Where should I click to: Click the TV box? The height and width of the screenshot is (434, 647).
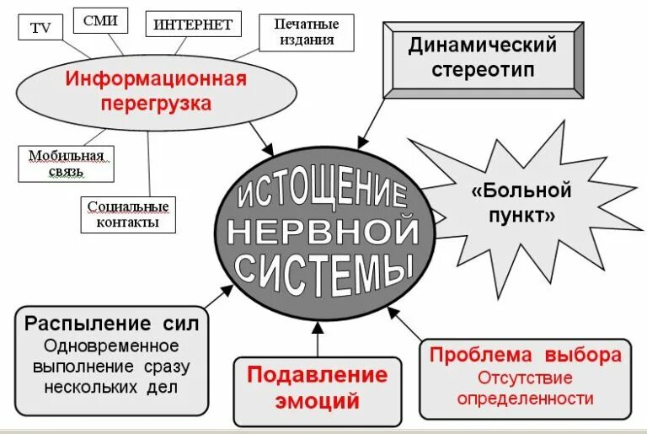click(40, 27)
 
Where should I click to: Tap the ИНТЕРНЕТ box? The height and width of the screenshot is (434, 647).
click(192, 24)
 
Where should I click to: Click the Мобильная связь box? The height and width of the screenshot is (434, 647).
click(66, 163)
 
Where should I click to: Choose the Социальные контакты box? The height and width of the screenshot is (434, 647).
click(128, 214)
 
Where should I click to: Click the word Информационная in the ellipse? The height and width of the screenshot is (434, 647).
click(157, 79)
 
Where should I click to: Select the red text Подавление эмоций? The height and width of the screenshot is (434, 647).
click(317, 388)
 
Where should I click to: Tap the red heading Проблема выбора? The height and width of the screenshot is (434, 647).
click(526, 355)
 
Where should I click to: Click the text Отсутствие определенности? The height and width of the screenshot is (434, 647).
click(526, 388)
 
